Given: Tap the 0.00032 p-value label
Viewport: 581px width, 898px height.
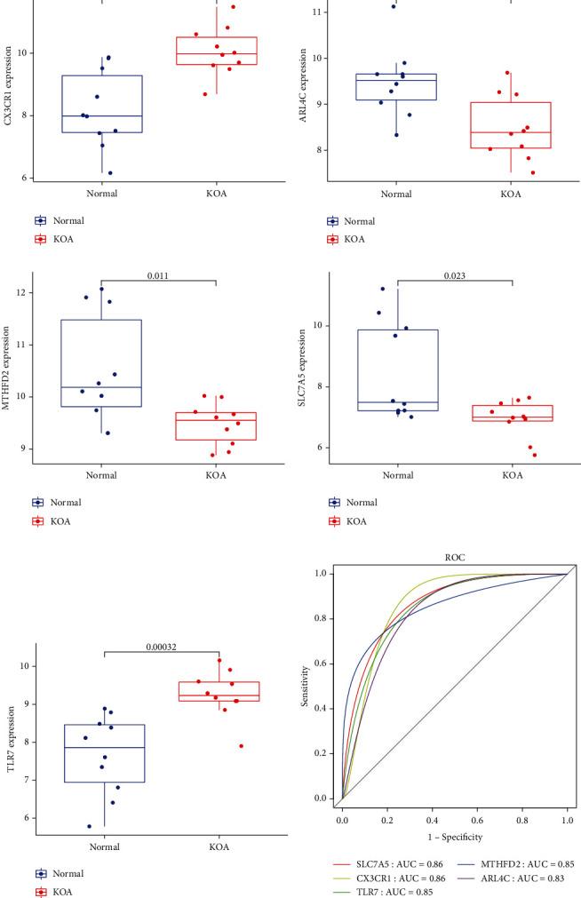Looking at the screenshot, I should (x=161, y=647).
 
